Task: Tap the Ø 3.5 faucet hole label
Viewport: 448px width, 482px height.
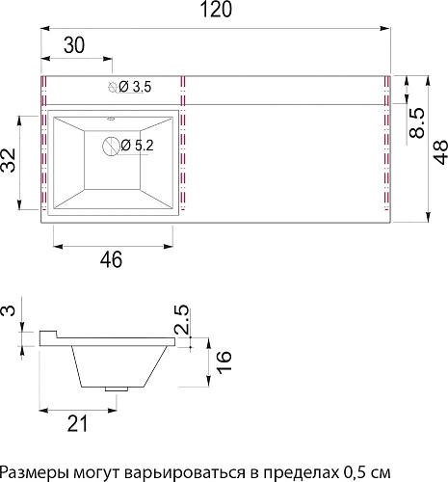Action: pos(134,88)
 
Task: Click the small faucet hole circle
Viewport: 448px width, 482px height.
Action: pos(113,89)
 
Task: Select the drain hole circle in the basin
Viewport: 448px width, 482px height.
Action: pos(113,147)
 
